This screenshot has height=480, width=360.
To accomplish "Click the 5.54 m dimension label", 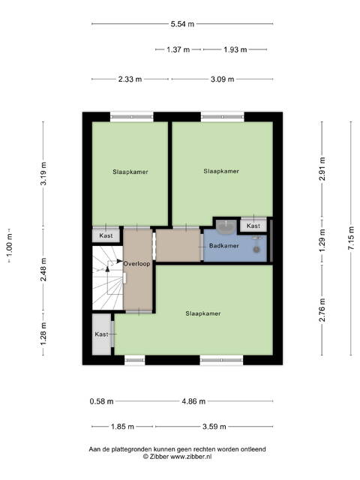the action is [182, 24].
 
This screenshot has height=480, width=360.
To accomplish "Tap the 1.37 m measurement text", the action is [178, 49].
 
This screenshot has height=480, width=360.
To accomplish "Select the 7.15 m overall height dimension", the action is [351, 238].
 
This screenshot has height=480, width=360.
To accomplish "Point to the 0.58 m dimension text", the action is [102, 401].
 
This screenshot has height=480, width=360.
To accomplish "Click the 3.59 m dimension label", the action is [214, 427].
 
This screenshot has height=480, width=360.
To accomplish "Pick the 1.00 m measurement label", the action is [10, 245].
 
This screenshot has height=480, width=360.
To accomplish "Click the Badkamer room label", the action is [223, 245].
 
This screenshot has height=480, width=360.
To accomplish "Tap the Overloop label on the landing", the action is [136, 263].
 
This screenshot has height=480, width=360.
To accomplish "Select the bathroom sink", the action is [226, 226].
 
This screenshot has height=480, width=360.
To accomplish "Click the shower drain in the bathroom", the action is [256, 250].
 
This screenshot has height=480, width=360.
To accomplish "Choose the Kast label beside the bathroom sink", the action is [253, 226].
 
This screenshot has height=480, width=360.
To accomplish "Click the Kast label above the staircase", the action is [106, 235].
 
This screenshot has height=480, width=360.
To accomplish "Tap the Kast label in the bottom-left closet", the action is [101, 334].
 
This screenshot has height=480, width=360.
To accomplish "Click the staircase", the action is [107, 277].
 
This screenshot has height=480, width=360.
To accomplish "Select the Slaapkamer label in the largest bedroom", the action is [203, 313].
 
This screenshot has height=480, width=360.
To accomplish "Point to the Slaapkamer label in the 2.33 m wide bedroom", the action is [130, 172].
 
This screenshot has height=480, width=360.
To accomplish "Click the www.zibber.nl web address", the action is [191, 457].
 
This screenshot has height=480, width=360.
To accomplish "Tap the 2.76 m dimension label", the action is [322, 310].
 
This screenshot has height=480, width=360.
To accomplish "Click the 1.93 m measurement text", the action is [235, 49].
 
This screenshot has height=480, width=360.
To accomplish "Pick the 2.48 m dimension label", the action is [43, 269].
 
